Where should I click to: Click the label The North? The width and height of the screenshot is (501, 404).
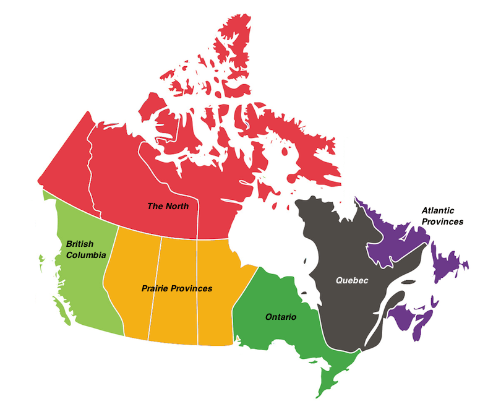pyautogui.click(x=168, y=206)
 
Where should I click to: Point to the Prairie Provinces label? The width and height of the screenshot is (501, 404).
pyautogui.click(x=176, y=288)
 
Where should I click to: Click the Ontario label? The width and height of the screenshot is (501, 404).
pyautogui.click(x=280, y=317)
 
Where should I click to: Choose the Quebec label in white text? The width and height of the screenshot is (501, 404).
pyautogui.click(x=352, y=280)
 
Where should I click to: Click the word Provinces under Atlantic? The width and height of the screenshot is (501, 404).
pyautogui.click(x=442, y=221)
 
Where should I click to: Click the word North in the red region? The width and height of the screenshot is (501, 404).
pyautogui.click(x=177, y=206)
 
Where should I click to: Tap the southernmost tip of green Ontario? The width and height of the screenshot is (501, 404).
pyautogui.click(x=320, y=393)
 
